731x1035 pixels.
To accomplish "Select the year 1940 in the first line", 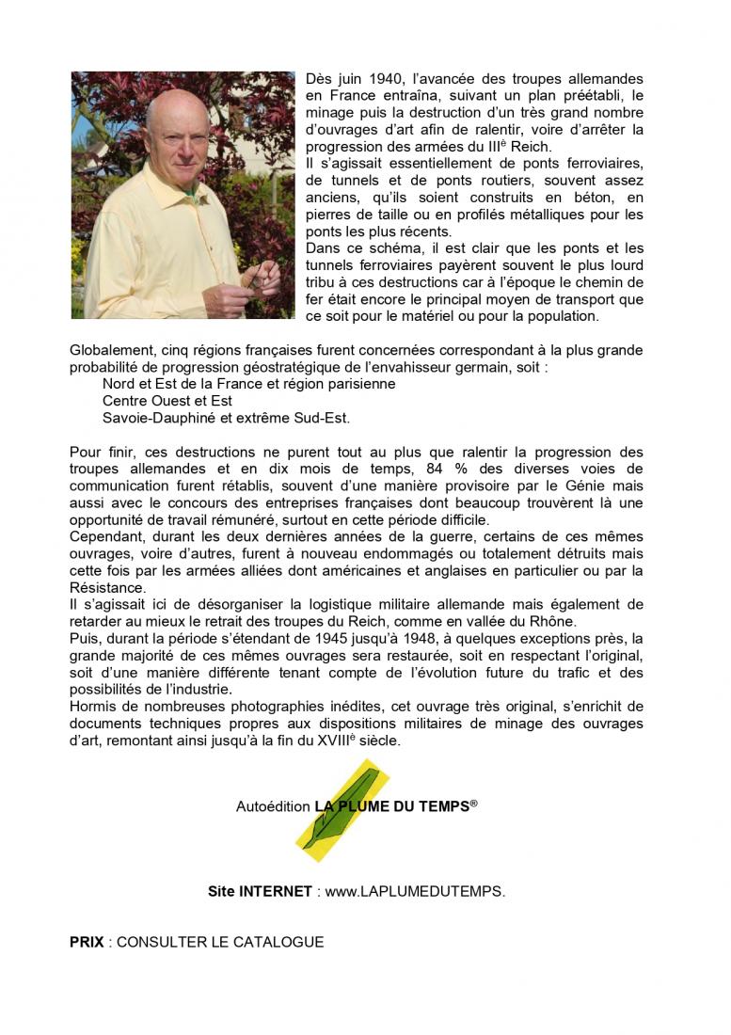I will [366, 79].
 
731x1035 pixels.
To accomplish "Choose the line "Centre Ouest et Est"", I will [167, 401].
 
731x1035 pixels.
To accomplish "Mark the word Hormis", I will [94, 706].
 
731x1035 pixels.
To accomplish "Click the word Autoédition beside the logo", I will [273, 806].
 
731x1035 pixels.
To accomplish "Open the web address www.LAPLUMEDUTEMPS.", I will [414, 892].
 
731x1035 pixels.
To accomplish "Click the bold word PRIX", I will [87, 942].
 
